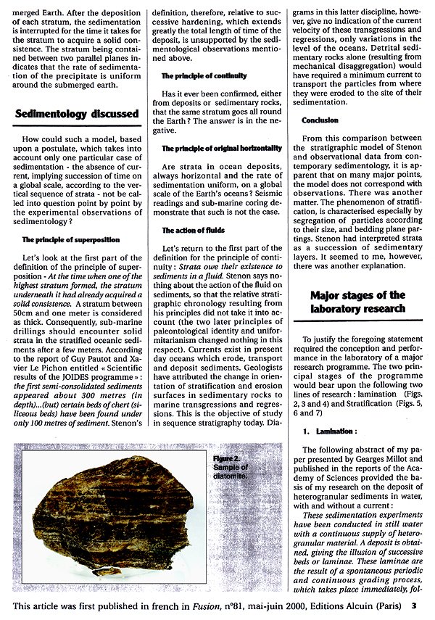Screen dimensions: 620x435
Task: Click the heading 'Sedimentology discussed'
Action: pos(77,114)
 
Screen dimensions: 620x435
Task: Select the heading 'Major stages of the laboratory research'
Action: pos(357,301)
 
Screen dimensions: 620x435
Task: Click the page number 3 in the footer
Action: pos(414,604)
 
